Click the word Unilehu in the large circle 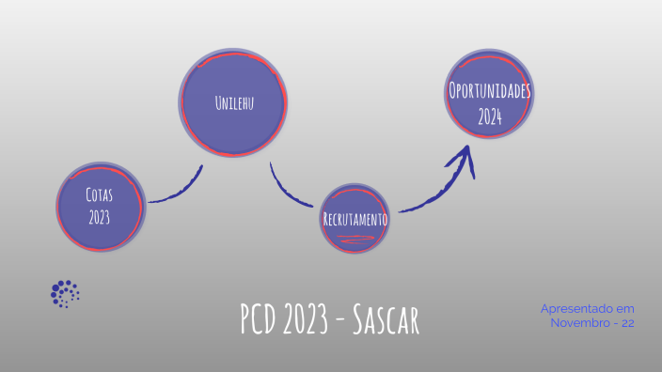(234, 101)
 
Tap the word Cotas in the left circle (100, 195)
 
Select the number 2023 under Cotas (100, 218)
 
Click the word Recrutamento (355, 218)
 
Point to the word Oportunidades (489, 92)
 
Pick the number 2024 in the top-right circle (489, 117)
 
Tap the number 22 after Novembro (627, 322)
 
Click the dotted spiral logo (65, 293)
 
